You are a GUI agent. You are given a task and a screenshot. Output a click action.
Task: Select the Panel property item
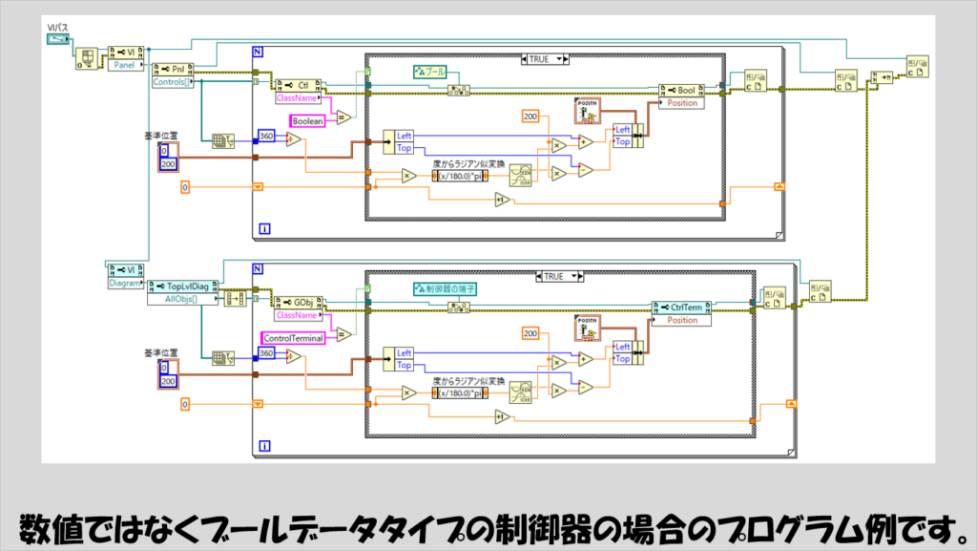click(x=125, y=67)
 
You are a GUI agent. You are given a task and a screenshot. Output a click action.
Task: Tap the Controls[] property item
click(x=173, y=82)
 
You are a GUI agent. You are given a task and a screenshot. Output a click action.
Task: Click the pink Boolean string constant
click(x=308, y=121)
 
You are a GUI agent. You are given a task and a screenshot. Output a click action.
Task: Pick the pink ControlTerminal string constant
click(x=293, y=337)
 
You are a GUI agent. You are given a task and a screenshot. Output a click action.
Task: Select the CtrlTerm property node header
click(x=680, y=307)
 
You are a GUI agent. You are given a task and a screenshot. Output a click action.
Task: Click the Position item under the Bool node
click(x=682, y=103)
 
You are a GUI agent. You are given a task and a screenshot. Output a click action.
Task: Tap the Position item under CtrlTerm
click(x=682, y=320)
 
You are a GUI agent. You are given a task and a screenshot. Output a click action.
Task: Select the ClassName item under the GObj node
click(x=297, y=314)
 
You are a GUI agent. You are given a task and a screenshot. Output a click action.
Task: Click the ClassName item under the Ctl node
click(x=297, y=97)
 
